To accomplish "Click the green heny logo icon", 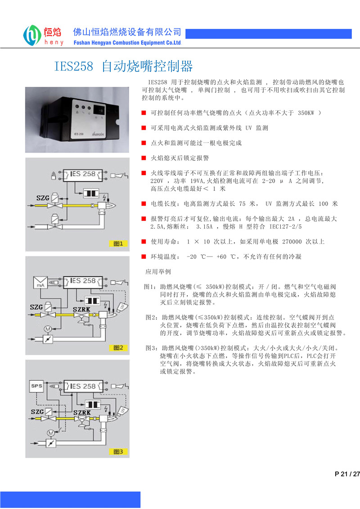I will coord(32,35).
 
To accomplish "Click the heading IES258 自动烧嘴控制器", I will coord(124,67).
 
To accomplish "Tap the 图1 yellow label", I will coord(119,243).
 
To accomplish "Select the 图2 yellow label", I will coord(119,347).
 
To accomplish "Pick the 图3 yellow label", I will coord(119,451).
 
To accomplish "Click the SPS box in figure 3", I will coord(36,386).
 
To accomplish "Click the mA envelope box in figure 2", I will coord(41,282).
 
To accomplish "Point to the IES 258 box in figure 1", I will coord(81,174).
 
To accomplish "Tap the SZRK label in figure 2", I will coord(82,309).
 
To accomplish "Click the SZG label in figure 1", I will coord(36,198).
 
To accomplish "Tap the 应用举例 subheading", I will coord(158,272).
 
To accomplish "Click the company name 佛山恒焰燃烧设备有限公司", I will coord(127,32).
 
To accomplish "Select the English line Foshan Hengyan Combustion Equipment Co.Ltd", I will coord(127,43).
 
